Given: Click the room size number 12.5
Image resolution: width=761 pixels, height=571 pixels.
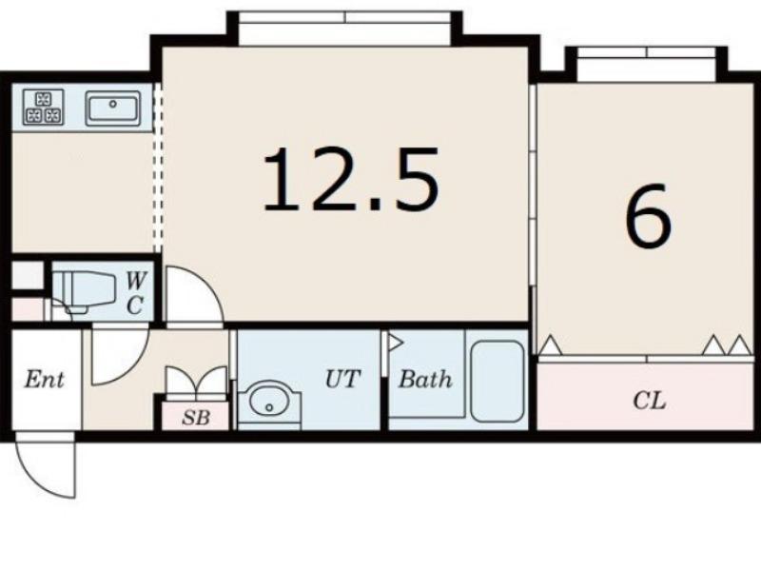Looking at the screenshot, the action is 351,179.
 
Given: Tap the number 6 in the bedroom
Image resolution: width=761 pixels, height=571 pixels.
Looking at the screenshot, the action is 648,215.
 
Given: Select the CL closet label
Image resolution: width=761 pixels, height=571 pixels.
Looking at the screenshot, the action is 650,401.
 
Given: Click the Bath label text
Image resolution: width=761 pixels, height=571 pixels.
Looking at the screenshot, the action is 425,379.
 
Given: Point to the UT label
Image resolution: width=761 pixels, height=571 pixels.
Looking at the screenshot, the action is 342,379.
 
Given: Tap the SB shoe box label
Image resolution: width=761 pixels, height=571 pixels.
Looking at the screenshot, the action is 196,417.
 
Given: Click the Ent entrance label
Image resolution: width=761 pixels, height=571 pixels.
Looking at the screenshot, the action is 44,379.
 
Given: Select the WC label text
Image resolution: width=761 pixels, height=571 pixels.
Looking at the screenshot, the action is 135,293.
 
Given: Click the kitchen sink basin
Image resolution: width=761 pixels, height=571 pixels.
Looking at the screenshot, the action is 112,108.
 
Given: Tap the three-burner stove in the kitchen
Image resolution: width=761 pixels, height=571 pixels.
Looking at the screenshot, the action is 43,107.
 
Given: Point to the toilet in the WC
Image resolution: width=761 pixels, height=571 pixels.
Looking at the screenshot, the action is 84,291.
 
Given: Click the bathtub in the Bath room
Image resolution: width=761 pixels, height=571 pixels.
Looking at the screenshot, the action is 498,382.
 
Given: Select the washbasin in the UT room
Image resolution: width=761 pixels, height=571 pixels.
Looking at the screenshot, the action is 269,403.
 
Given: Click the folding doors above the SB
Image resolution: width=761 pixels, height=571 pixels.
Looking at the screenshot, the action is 196,383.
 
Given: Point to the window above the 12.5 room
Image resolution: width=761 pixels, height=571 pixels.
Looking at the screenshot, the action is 345,29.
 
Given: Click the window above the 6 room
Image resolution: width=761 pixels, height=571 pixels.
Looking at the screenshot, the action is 647,64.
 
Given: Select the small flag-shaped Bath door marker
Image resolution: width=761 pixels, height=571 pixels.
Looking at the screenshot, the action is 395,343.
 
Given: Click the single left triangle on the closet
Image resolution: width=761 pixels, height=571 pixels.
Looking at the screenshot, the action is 551,345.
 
